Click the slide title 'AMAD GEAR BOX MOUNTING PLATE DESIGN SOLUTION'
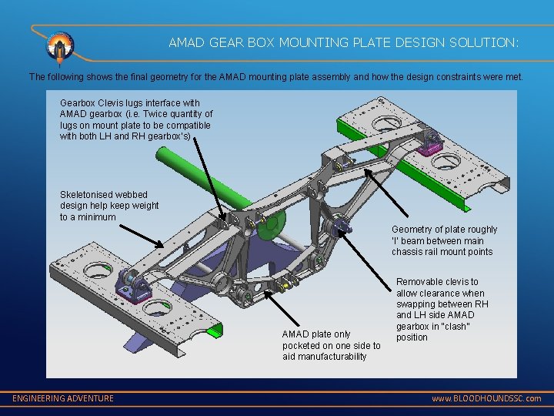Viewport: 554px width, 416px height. (344, 44)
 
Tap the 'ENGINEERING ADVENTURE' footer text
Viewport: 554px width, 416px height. (63, 398)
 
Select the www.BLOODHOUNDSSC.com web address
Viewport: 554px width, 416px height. (486, 398)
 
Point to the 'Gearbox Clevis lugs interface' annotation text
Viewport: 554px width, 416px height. (136, 119)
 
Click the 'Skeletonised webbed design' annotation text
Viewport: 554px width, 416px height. (109, 206)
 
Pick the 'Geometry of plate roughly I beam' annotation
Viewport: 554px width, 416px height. (444, 240)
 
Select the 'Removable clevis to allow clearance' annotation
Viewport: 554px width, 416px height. (442, 310)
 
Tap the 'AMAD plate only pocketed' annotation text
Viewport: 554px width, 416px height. (331, 345)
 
